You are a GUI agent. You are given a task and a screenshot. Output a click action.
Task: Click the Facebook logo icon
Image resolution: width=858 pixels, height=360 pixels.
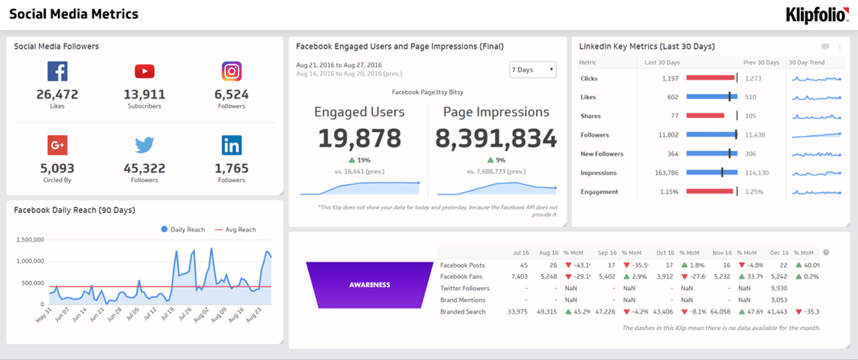(57, 71)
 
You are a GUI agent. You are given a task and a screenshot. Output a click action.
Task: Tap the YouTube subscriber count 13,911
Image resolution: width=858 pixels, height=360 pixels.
(144, 94)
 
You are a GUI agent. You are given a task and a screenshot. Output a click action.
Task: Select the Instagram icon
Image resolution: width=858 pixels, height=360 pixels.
(231, 71)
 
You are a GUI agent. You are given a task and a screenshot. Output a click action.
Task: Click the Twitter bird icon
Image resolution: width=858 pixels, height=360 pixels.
(144, 145)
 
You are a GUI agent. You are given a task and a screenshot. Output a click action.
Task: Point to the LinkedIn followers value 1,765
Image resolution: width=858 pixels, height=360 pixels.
(231, 168)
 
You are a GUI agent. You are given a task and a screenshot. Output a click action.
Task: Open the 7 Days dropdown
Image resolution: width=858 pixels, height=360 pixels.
(533, 70)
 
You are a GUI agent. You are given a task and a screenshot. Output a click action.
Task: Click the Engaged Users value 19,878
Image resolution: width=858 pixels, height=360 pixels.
(360, 138)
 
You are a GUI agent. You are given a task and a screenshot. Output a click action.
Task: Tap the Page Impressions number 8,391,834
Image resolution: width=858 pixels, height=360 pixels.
(496, 138)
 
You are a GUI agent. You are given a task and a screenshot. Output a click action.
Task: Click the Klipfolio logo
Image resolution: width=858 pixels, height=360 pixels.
(817, 15)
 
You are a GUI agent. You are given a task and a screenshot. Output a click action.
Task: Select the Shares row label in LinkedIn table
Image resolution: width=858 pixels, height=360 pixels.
(590, 116)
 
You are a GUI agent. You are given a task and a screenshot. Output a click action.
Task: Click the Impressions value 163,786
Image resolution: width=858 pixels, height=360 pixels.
(666, 173)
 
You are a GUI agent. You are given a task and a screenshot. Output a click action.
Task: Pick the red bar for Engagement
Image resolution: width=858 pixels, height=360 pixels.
(710, 192)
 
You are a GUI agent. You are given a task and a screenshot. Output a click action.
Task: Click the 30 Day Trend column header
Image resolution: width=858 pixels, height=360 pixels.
(807, 63)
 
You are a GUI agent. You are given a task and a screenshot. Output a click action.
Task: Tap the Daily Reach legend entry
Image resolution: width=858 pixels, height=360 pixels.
(183, 230)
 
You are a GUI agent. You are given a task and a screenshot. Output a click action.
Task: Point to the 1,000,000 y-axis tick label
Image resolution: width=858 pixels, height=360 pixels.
(30, 261)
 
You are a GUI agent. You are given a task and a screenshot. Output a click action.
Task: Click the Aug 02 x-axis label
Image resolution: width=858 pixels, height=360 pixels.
(202, 315)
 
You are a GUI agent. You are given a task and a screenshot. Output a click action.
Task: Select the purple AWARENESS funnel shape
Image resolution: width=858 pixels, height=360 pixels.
(370, 285)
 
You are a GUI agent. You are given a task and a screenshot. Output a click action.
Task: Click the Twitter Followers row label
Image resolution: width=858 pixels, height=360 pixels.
(465, 289)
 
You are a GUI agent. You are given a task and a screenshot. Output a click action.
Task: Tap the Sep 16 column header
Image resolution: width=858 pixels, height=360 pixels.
(607, 253)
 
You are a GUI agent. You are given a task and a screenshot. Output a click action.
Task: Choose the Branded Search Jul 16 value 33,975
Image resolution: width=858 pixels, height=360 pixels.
(517, 312)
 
